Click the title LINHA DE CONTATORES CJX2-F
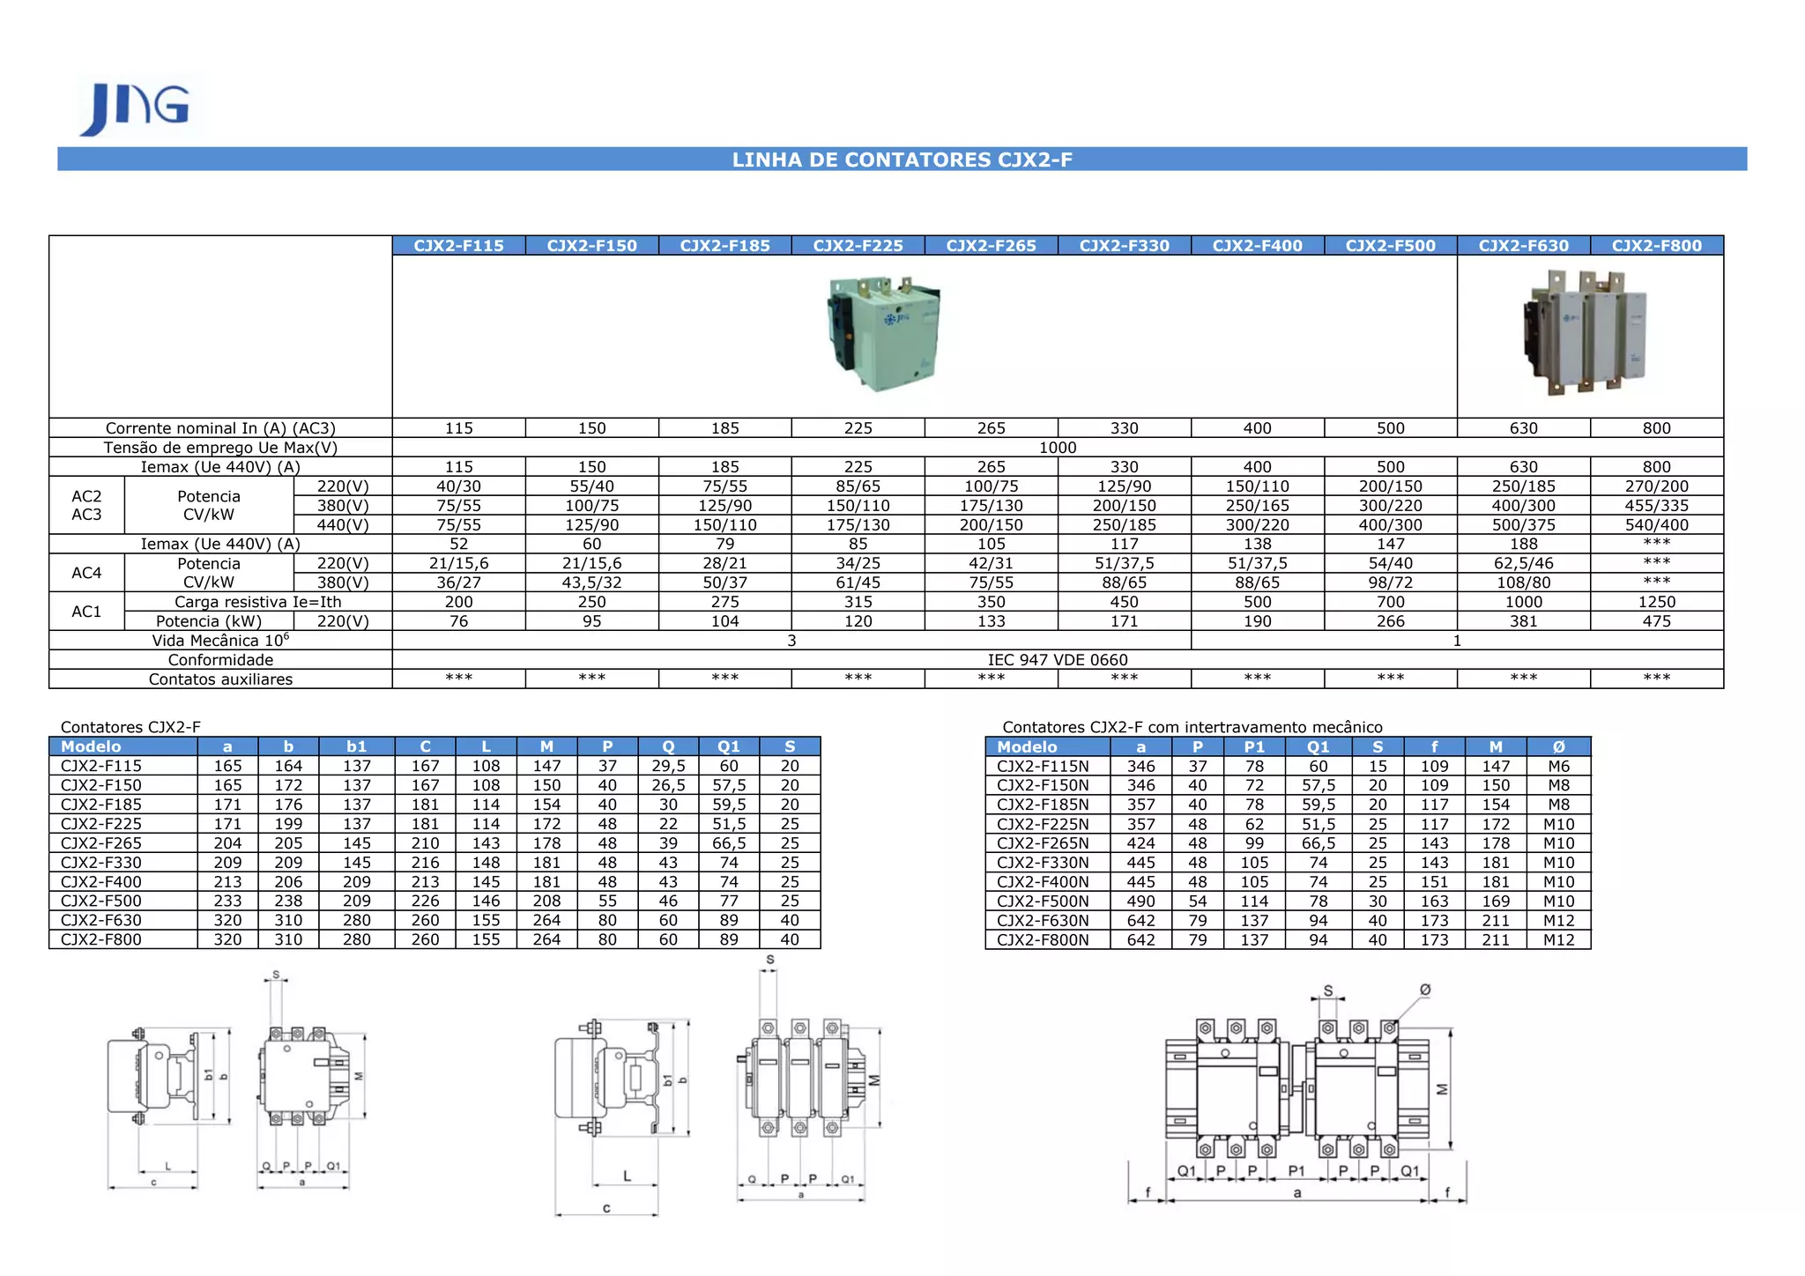point(902,159)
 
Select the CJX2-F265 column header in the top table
point(992,246)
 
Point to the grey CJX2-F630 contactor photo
point(1585,331)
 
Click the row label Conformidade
point(220,660)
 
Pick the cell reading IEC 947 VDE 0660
point(1058,660)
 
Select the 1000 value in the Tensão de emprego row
point(1058,448)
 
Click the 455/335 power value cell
point(1657,506)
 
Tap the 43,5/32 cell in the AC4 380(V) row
point(592,582)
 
